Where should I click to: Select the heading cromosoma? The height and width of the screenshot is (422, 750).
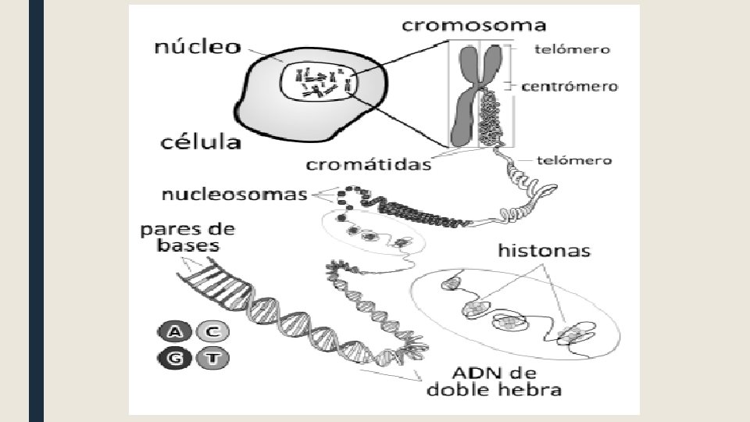click(x=473, y=25)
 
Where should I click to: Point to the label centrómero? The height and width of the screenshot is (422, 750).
click(x=570, y=86)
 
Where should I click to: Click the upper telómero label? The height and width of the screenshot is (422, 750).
click(x=572, y=48)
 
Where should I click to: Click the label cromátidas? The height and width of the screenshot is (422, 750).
click(x=368, y=165)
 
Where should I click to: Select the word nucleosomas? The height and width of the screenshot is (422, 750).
click(x=234, y=194)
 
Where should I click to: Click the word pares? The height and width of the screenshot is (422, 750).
click(x=167, y=230)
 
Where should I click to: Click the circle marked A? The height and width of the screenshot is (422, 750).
click(x=176, y=332)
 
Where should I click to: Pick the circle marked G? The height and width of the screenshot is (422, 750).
click(x=176, y=359)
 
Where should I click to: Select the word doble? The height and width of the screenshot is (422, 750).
click(x=459, y=389)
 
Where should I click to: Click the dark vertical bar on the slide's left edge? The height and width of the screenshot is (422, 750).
click(x=36, y=211)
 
